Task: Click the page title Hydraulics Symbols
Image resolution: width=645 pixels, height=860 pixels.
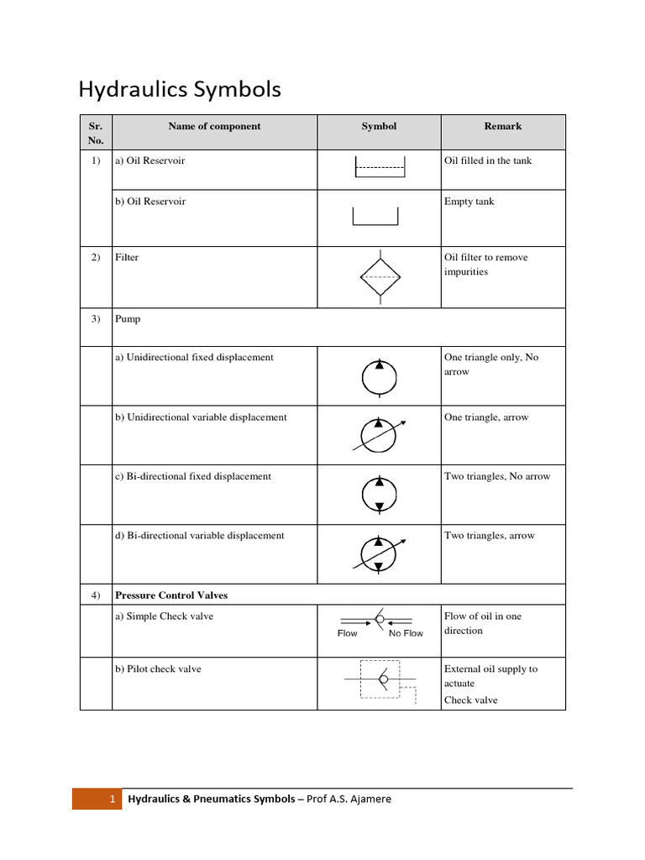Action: coord(180,90)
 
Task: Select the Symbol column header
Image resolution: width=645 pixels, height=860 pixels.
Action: coord(379,127)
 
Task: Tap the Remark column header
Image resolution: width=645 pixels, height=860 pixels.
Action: coord(502,127)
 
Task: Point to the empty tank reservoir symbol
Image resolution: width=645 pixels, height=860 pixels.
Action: coord(375,215)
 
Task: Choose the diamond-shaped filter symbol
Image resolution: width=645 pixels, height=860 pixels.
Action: coord(380,275)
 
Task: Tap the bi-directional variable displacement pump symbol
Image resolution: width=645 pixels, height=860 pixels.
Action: coord(379,553)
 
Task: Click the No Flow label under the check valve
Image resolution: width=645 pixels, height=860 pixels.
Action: coord(406,633)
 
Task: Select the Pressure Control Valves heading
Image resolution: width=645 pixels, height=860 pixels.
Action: coord(171,595)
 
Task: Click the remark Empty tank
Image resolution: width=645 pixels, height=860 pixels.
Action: coord(469,202)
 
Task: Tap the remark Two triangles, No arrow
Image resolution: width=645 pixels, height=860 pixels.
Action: coord(497,476)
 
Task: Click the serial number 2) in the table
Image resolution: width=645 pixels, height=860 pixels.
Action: coord(96,258)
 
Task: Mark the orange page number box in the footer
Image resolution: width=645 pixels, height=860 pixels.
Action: coord(97,799)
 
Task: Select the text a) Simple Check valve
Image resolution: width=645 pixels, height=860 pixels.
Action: coord(164,616)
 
